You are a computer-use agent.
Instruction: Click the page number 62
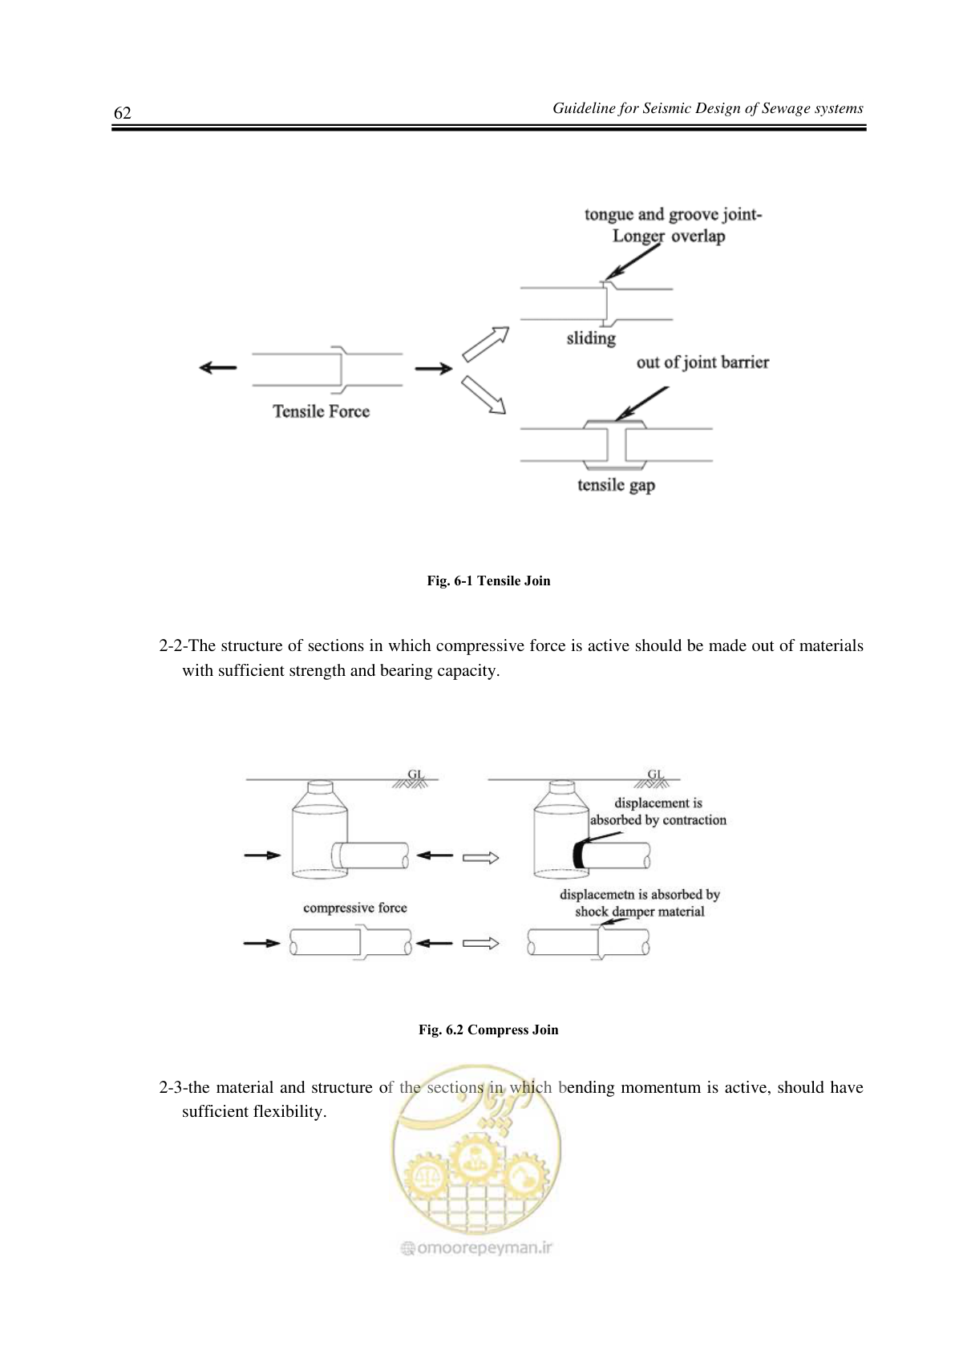click(123, 113)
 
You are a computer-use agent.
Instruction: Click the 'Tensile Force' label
click(321, 411)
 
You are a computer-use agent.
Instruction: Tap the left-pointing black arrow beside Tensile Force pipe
click(218, 367)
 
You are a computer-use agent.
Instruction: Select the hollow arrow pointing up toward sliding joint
click(486, 344)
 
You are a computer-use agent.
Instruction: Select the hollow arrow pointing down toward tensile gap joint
click(484, 395)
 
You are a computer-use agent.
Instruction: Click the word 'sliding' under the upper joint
click(591, 338)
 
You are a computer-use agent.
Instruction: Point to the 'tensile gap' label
click(616, 486)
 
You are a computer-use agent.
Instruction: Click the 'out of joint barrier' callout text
click(703, 362)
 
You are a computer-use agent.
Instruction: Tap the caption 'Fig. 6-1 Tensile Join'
click(488, 580)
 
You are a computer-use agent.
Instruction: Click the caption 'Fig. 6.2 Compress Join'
click(488, 1029)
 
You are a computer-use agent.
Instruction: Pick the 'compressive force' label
click(354, 908)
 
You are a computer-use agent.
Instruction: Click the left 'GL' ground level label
click(415, 774)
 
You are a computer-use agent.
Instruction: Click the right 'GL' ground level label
click(656, 774)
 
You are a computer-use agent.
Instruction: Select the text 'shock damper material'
click(640, 912)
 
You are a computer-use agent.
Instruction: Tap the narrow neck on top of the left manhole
click(321, 787)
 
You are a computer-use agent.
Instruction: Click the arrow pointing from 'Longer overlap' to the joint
click(632, 261)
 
